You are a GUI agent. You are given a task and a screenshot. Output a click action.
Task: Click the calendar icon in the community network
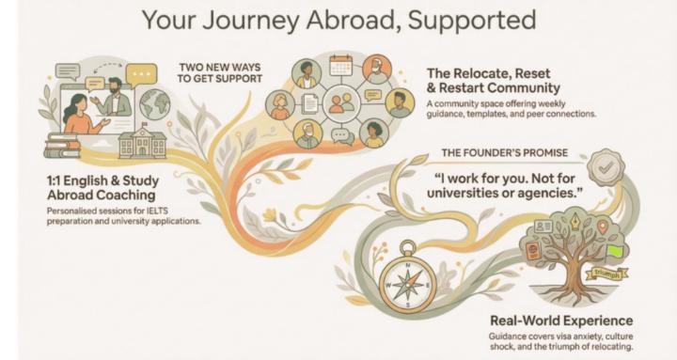(x=340, y=66)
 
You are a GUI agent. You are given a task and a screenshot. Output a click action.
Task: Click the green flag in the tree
(x=616, y=250)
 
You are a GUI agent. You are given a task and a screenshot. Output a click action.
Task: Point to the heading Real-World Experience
(x=560, y=321)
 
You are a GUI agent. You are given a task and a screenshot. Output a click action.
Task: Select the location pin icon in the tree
(x=602, y=227)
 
